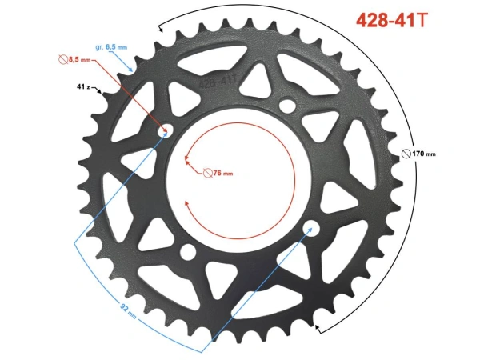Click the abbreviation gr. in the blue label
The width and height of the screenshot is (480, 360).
[x=99, y=47]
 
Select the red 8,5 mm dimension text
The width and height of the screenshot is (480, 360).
[x=79, y=59]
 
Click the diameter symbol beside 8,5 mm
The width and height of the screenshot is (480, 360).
[x=63, y=59]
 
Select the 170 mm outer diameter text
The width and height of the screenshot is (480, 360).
[x=424, y=153]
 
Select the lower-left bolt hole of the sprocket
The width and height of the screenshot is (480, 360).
[x=189, y=252]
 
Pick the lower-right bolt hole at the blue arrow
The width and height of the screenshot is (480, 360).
[x=307, y=230]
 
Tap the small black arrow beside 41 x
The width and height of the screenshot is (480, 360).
[x=98, y=90]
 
